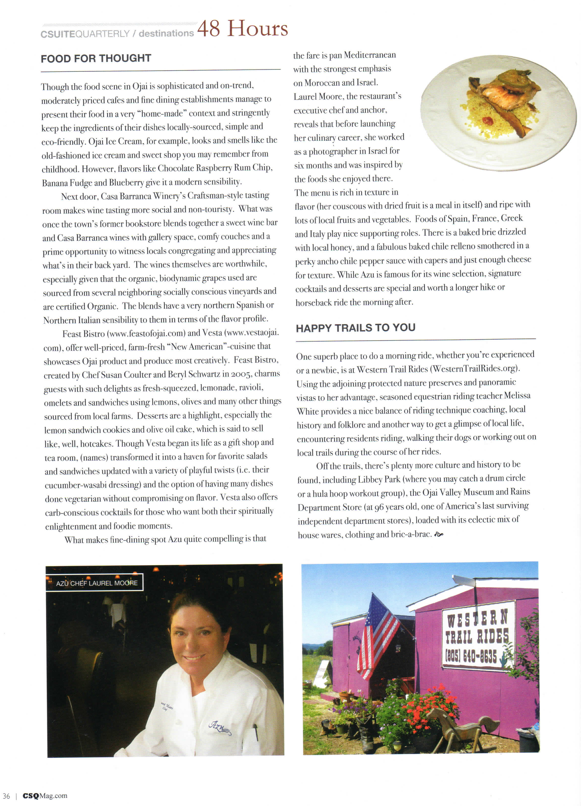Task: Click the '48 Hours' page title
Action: coord(242,28)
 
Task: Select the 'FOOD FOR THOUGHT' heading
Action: coord(96,58)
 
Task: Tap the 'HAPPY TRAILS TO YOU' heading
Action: coord(355,328)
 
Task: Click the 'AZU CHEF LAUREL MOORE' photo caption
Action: coord(97,583)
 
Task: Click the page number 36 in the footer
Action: coord(6,796)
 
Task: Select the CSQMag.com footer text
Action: coord(45,796)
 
